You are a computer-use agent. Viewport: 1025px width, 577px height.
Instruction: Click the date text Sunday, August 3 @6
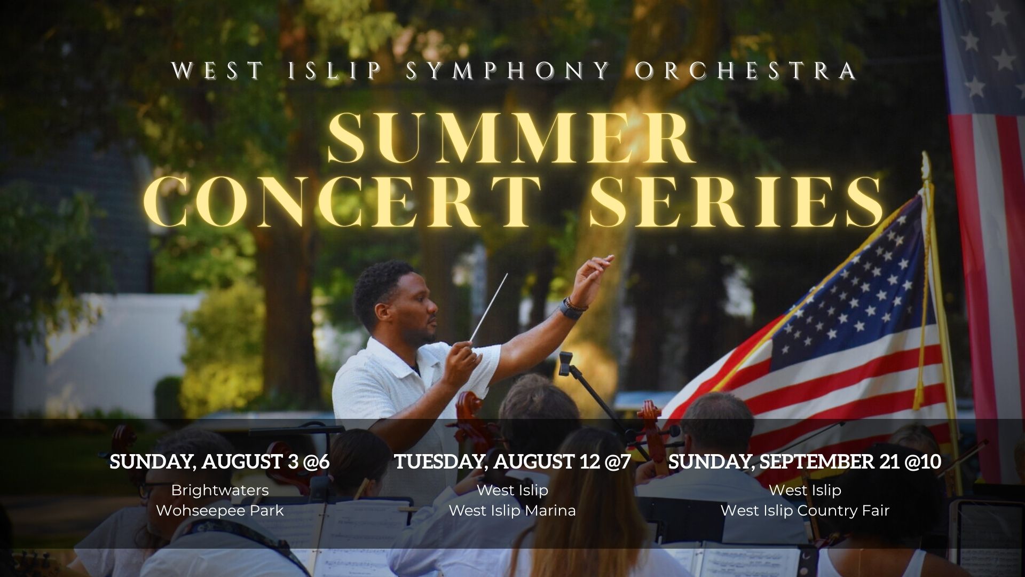pos(219,462)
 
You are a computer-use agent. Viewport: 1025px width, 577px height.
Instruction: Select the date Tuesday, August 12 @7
pos(512,462)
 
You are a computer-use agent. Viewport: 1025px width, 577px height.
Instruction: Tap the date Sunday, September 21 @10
pos(805,462)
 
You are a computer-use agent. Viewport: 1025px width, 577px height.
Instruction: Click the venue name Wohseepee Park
pos(219,511)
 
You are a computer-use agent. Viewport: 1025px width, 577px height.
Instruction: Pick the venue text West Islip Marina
pos(512,511)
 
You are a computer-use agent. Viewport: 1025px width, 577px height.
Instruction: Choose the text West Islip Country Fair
pos(805,511)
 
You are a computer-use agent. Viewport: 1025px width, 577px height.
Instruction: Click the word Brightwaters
pos(220,490)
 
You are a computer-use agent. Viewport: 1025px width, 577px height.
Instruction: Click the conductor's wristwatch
pos(572,310)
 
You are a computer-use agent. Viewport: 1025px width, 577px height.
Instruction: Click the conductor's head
pos(395,302)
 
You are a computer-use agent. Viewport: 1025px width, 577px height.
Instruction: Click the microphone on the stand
pos(565,364)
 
